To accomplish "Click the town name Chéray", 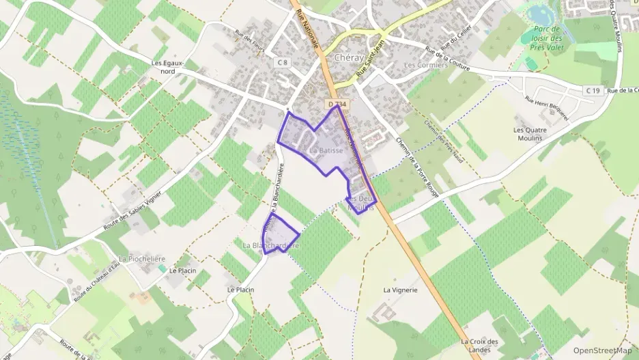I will click(349, 58).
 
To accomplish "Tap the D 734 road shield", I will click(337, 104).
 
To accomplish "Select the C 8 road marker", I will click(283, 62).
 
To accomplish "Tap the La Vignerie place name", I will click(400, 290).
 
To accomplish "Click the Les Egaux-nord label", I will click(168, 67).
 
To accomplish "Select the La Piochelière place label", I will click(142, 259).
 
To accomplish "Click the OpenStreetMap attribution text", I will click(603, 350).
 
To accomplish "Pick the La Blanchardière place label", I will click(271, 245).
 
